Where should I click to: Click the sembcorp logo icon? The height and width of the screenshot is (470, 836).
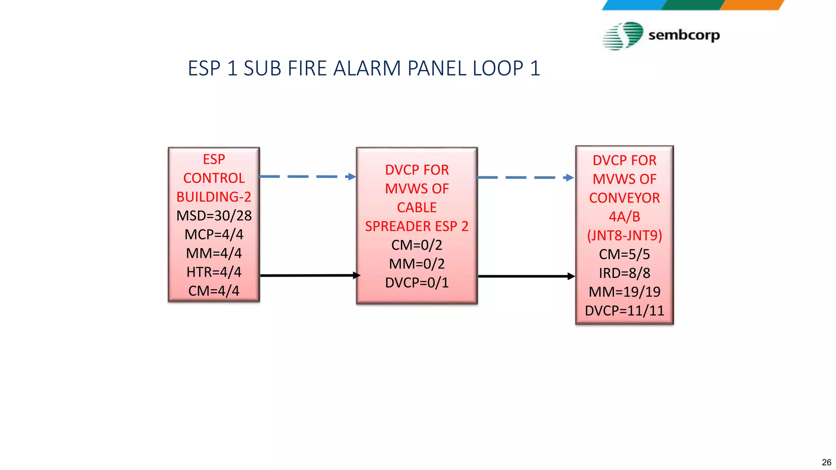[x=623, y=36]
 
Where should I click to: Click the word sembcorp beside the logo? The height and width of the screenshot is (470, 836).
[x=684, y=35]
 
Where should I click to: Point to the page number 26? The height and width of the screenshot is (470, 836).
[x=826, y=462]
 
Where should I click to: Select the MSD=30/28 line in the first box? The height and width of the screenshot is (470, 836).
[x=214, y=215]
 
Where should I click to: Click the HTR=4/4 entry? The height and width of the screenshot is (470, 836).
[x=214, y=272]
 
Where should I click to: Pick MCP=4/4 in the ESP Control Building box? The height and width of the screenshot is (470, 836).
[x=214, y=234]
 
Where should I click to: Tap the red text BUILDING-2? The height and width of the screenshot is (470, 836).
[x=214, y=197]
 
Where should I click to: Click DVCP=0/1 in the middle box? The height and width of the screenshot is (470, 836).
[x=417, y=282]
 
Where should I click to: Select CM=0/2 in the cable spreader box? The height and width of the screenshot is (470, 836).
[x=417, y=245]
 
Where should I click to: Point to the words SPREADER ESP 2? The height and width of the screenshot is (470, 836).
[x=417, y=226]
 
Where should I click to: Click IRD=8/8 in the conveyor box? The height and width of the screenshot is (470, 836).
[x=625, y=273]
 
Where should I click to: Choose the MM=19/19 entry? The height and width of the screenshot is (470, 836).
[x=625, y=292]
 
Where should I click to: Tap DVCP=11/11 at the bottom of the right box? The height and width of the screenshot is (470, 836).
[x=625, y=310]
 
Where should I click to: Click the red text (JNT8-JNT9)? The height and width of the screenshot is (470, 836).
[x=625, y=235]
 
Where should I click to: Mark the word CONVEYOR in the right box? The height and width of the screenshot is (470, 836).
[x=625, y=198]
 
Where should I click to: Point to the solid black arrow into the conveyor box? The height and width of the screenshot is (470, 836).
[x=526, y=276]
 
